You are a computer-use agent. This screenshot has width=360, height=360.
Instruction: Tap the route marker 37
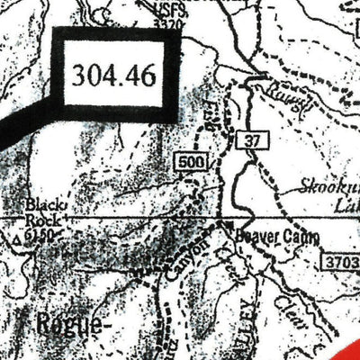pos(250,141)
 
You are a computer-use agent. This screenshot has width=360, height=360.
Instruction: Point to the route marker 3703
pos(339,259)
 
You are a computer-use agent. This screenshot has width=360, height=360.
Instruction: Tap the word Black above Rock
pos(41,205)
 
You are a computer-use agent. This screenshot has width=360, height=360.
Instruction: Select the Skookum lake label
pos(329,191)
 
